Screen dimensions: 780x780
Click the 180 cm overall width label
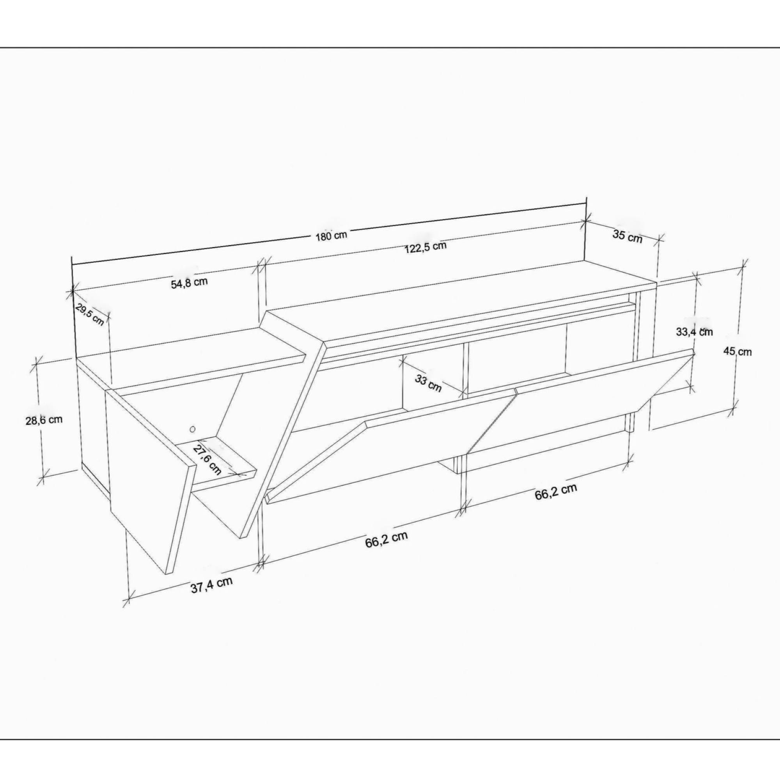[x=331, y=236]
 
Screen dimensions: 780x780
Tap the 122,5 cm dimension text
[x=425, y=247]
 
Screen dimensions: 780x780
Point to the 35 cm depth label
[x=627, y=236]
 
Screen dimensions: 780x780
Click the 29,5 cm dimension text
[x=90, y=314]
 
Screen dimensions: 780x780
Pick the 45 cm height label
[x=737, y=352]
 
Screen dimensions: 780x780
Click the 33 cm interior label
[x=428, y=383]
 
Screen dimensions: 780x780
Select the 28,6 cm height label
[x=44, y=420]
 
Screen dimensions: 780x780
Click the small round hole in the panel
[x=193, y=429]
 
